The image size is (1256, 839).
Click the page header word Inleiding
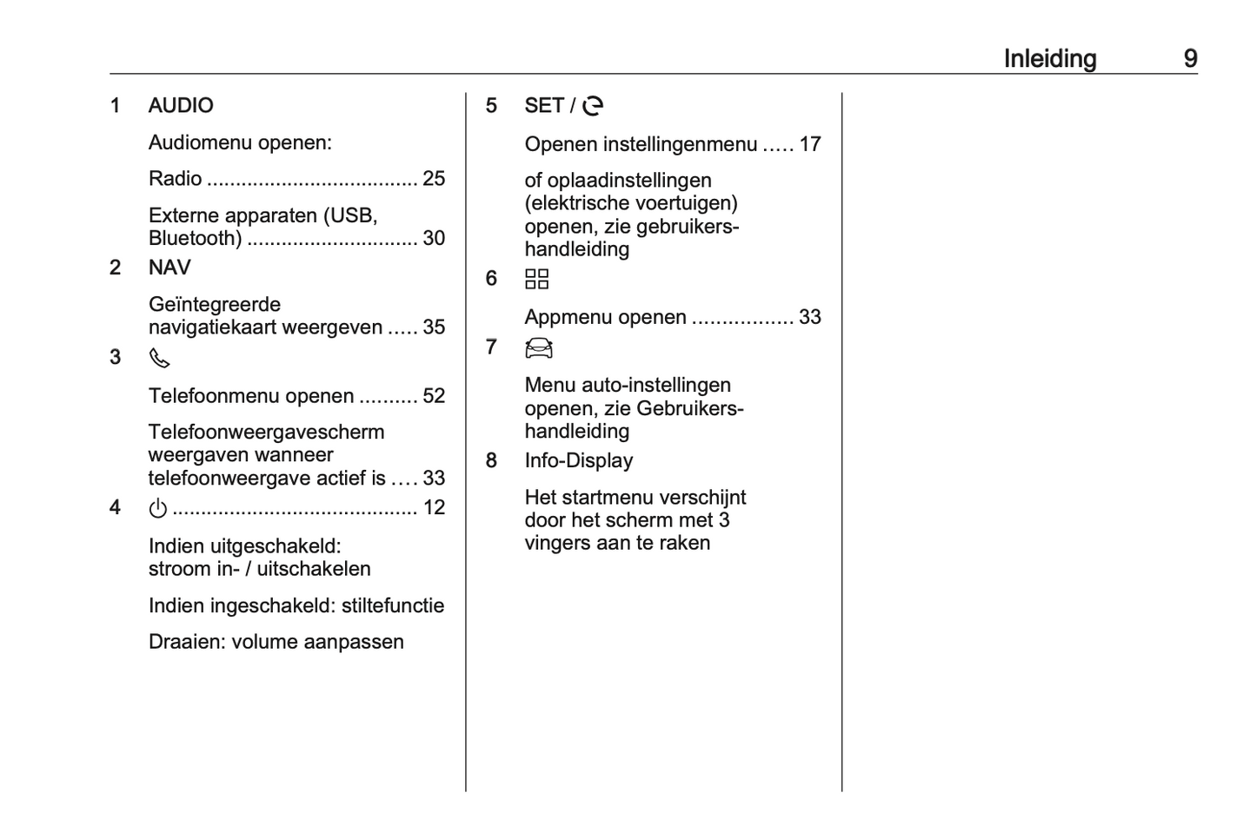pyautogui.click(x=1049, y=58)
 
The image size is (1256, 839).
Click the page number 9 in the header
pyautogui.click(x=1190, y=58)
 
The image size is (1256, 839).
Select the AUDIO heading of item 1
pyautogui.click(x=181, y=105)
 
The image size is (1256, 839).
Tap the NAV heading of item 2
pyautogui.click(x=169, y=268)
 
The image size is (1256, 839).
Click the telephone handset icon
pyautogui.click(x=159, y=358)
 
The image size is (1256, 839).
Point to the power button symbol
pyautogui.click(x=157, y=508)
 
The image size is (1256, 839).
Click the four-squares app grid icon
pyautogui.click(x=537, y=279)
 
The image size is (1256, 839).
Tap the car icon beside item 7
pyautogui.click(x=539, y=348)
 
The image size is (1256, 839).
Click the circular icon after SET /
pyautogui.click(x=593, y=106)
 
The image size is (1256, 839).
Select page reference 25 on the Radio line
pyautogui.click(x=434, y=179)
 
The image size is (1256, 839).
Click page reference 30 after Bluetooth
pyautogui.click(x=434, y=238)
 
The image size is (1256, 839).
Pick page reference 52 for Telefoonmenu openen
pyautogui.click(x=434, y=396)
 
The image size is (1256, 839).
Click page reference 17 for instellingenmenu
pyautogui.click(x=810, y=144)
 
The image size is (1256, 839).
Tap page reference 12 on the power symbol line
pyautogui.click(x=434, y=507)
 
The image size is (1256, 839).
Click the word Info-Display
pyautogui.click(x=578, y=460)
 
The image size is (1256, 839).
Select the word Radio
pyautogui.click(x=175, y=179)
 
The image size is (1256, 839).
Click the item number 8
pyautogui.click(x=491, y=460)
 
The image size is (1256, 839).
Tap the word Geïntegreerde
pyautogui.click(x=215, y=305)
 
